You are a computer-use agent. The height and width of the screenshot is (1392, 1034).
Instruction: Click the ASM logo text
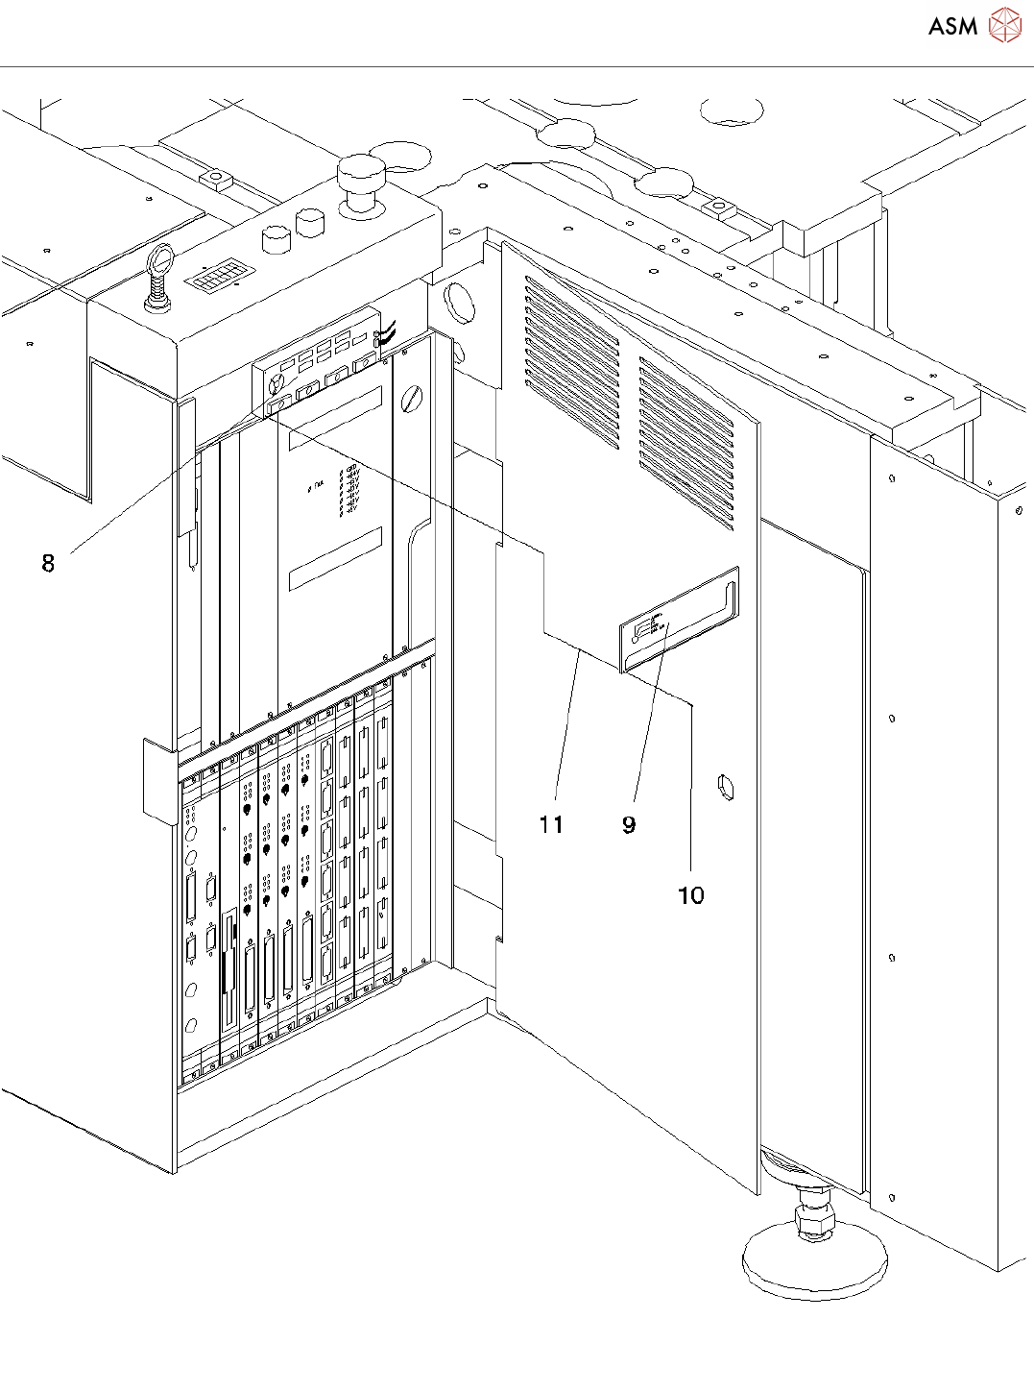tap(952, 27)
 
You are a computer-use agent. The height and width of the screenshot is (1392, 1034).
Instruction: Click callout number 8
tap(48, 563)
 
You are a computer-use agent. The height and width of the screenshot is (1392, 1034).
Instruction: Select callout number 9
tap(629, 824)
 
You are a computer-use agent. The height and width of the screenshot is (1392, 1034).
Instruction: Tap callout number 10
tap(691, 895)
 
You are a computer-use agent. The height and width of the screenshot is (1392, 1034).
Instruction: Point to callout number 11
tap(551, 824)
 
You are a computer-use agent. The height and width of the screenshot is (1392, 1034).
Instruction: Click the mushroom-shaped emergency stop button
tap(361, 182)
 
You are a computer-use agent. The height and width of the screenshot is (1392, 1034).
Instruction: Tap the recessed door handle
tap(680, 620)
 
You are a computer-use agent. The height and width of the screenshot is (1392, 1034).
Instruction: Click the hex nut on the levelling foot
tap(815, 1221)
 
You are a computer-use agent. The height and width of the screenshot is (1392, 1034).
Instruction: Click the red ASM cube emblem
tap(1004, 26)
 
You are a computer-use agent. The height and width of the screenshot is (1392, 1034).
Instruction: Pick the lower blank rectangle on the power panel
tap(335, 558)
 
